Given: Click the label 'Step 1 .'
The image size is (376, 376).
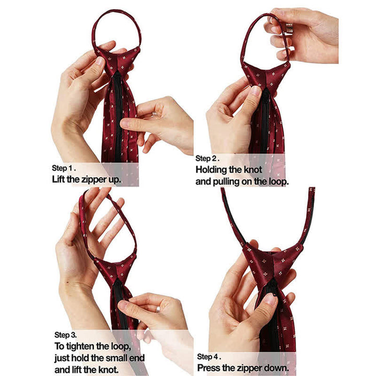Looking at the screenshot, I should tap(67, 168).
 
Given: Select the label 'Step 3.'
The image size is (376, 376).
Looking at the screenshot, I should tap(66, 334).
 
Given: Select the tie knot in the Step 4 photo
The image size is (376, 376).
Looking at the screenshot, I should tap(273, 264).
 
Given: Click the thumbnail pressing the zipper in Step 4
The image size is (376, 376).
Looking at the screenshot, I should tap(270, 299).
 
